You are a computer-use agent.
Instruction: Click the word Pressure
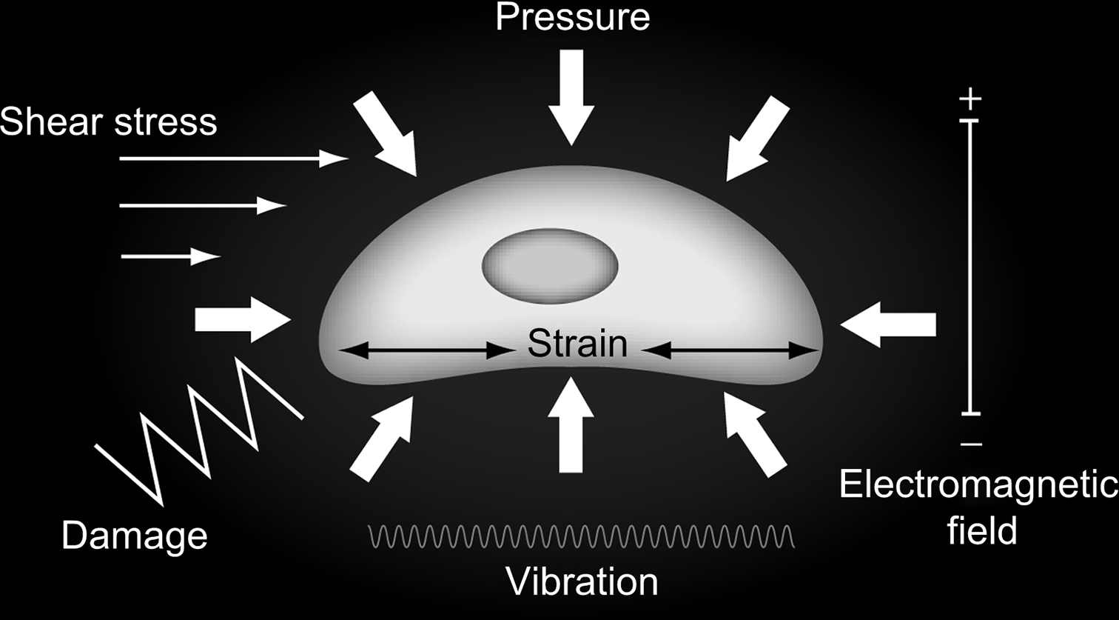click(x=572, y=17)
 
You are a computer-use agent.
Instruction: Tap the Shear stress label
click(x=109, y=121)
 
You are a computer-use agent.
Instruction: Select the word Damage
click(x=134, y=535)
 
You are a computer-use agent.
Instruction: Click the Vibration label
click(x=582, y=581)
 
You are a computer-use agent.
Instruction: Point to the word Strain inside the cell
click(x=577, y=344)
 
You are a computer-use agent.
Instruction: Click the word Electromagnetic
click(x=978, y=486)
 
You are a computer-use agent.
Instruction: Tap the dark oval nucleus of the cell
click(x=550, y=267)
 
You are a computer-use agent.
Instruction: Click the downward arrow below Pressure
click(x=571, y=96)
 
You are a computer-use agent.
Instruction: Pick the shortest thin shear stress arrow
click(x=170, y=256)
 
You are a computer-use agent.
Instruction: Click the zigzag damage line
click(x=200, y=430)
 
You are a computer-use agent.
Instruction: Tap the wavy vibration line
click(x=582, y=536)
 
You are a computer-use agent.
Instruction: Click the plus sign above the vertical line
click(x=970, y=99)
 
